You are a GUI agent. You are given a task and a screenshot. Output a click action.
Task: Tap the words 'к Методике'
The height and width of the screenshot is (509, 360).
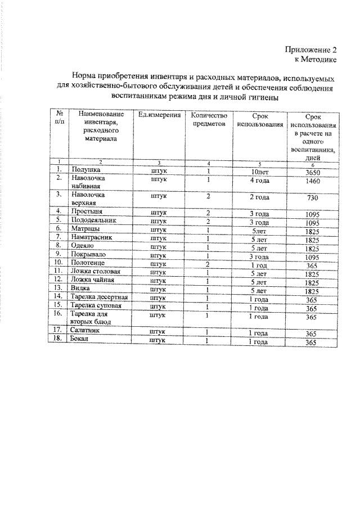[317, 59]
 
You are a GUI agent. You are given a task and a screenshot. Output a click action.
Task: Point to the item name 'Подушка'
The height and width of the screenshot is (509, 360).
[85, 169]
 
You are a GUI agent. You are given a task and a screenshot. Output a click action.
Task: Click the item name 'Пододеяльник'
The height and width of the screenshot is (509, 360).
[94, 220]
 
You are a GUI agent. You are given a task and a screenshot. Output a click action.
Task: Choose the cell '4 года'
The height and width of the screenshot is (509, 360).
[259, 180]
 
